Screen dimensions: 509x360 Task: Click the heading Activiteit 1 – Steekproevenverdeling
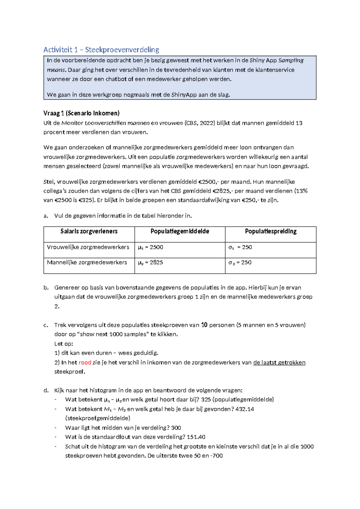pos(101,50)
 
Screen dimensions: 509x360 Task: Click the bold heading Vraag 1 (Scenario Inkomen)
pos(81,113)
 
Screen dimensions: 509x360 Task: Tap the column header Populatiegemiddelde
pos(180,231)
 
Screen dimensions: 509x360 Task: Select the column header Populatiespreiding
pos(271,231)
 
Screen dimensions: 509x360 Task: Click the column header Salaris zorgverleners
pos(89,231)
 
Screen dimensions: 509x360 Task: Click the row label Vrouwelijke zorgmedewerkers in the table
pos(88,247)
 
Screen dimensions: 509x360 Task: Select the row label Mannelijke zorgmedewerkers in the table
pos(87,262)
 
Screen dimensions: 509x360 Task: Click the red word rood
pos(85,363)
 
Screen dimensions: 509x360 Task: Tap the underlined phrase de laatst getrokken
pos(279,363)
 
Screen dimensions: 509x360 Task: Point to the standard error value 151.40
pos(196,437)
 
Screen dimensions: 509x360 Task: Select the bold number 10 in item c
pos(204,325)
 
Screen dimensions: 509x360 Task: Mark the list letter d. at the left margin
pos(46,390)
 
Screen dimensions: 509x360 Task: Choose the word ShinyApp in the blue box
pos(184,95)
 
